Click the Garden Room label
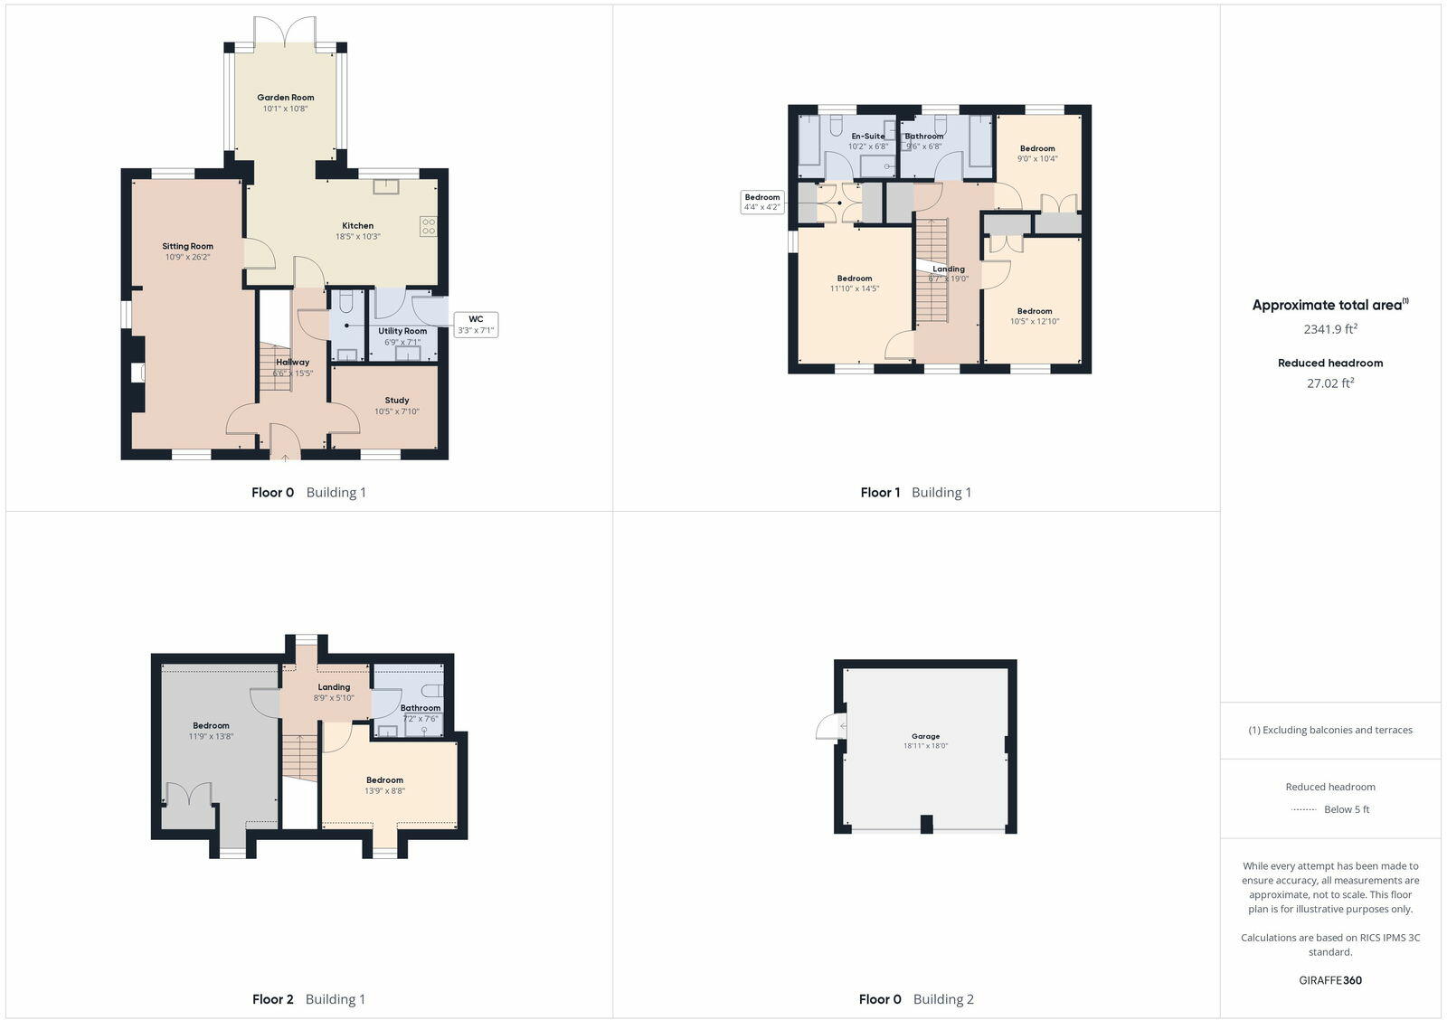coord(286,98)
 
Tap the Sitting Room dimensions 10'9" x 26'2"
coord(187,257)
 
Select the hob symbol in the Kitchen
coord(428,226)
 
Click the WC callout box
coord(476,325)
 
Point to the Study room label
coord(397,400)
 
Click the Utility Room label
coord(402,331)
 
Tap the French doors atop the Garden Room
coord(285,33)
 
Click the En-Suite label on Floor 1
coord(867,137)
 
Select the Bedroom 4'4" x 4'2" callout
coord(761,202)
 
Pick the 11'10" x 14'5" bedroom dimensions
coord(855,289)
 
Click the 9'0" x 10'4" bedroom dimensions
coord(1037,159)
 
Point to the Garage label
coord(925,736)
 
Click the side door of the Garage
coord(827,726)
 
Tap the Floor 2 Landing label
coord(334,687)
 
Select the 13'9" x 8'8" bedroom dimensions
coord(384,791)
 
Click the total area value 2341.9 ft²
coord(1330,329)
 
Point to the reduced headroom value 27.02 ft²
coord(1330,382)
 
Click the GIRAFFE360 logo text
coord(1330,980)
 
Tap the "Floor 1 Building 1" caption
coord(915,493)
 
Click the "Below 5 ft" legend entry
coord(1346,809)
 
